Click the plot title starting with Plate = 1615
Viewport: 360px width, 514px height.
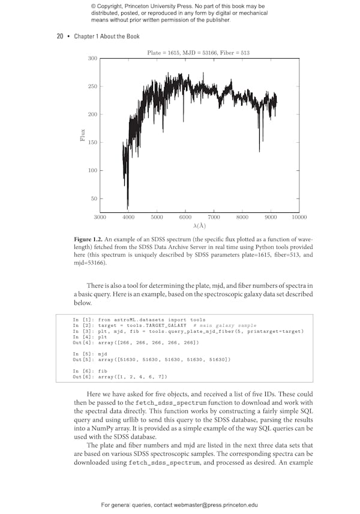click(198, 53)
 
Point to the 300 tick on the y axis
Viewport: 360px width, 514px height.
click(92, 58)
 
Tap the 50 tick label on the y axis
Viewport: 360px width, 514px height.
click(93, 199)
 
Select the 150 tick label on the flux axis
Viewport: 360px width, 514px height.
click(92, 143)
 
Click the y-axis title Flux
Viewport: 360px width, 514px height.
click(83, 136)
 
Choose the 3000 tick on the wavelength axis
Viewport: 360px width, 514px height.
click(100, 217)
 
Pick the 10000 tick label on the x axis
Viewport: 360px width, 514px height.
click(299, 217)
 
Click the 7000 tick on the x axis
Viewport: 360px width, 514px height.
click(214, 217)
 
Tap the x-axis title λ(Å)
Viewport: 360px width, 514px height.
click(199, 226)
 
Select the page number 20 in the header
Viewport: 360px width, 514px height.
click(60, 37)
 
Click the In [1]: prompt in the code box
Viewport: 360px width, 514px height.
click(83, 320)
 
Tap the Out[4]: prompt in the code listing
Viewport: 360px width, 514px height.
click(83, 342)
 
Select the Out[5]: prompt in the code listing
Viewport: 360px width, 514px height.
click(83, 359)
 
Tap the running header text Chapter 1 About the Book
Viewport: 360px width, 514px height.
click(107, 37)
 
